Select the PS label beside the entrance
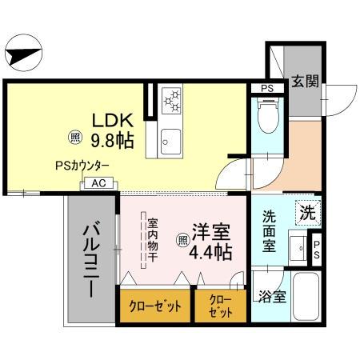pos(267,88)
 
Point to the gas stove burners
pos(173,101)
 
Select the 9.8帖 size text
pos(111,141)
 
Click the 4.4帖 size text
pos(211,253)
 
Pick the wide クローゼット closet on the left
pos(155,307)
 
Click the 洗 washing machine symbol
pos(307,212)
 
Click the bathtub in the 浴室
pos(305,297)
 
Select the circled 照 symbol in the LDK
pos(74,137)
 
